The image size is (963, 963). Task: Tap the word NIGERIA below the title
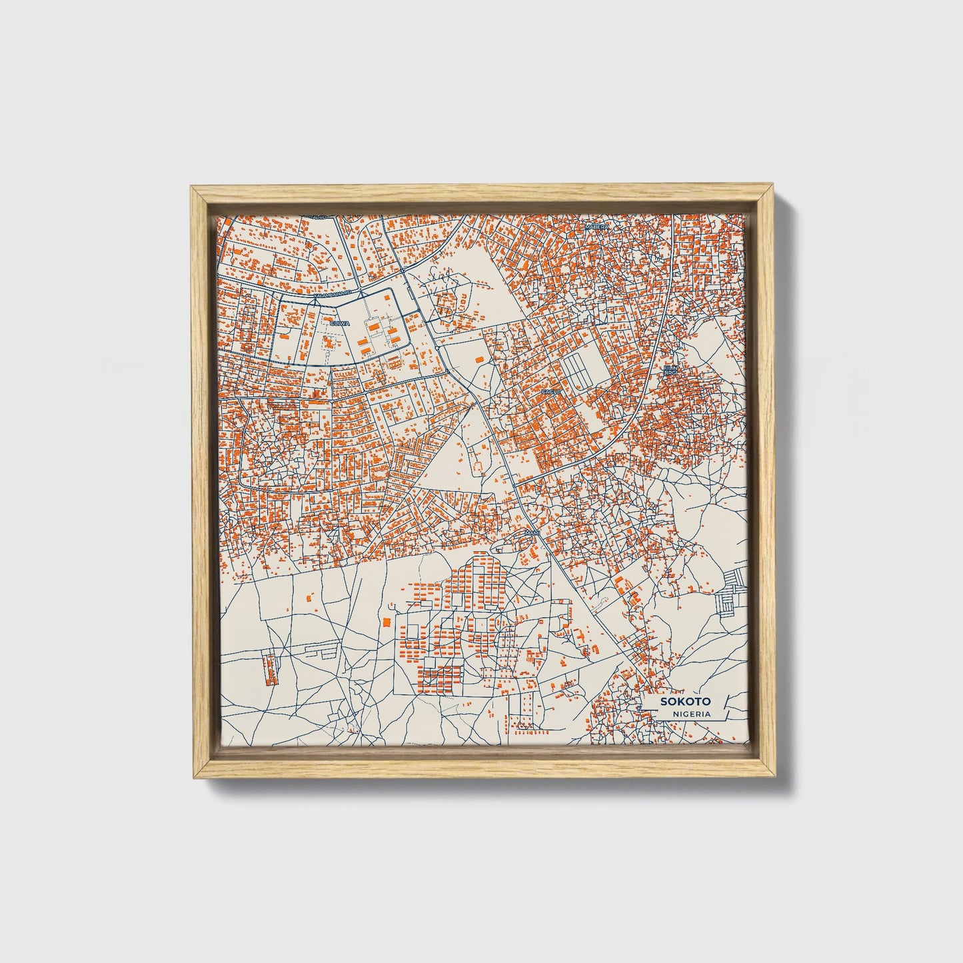coord(691,714)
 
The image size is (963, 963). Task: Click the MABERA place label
coord(596,227)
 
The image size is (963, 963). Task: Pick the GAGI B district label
coord(550,392)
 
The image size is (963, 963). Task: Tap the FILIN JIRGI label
coord(670,371)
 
